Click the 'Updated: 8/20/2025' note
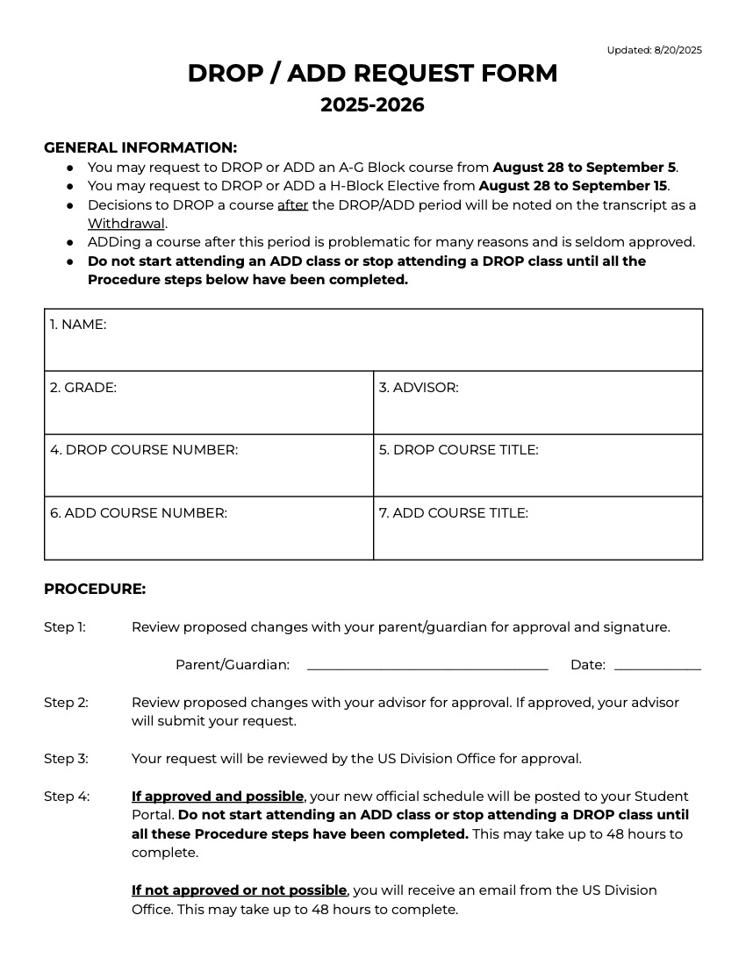click(x=654, y=50)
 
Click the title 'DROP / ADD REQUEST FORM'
click(x=372, y=74)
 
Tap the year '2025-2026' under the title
click(x=372, y=105)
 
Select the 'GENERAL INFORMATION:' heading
click(x=140, y=147)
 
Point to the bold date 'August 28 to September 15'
click(x=573, y=186)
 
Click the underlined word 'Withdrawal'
click(x=126, y=223)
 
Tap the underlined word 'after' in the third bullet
click(x=292, y=204)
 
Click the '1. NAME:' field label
click(x=78, y=325)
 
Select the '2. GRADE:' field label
click(x=83, y=387)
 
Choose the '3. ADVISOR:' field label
click(x=419, y=387)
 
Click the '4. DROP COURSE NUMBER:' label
click(x=144, y=450)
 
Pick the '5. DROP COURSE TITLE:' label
click(x=458, y=450)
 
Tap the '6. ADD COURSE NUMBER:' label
click(x=139, y=513)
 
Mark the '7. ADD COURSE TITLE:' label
click(x=454, y=513)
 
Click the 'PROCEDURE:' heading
click(x=95, y=590)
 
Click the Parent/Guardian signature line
click(x=427, y=668)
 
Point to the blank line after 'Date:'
click(x=657, y=668)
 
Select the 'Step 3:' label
click(x=66, y=759)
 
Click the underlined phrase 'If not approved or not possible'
click(x=239, y=890)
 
